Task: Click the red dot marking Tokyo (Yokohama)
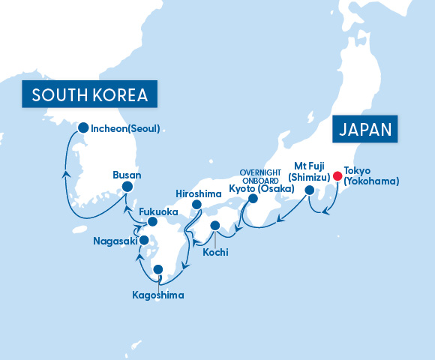[337, 177]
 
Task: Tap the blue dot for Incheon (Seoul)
[82, 127]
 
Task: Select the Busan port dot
[127, 187]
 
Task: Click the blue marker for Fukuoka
[152, 222]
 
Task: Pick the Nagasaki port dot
[143, 241]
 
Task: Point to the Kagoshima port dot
[157, 269]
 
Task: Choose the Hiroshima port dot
[196, 204]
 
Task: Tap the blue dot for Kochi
[214, 225]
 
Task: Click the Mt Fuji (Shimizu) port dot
[309, 190]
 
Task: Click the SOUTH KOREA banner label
[89, 95]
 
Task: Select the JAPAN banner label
[366, 129]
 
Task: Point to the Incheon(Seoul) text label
[126, 128]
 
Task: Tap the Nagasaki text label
[115, 241]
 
